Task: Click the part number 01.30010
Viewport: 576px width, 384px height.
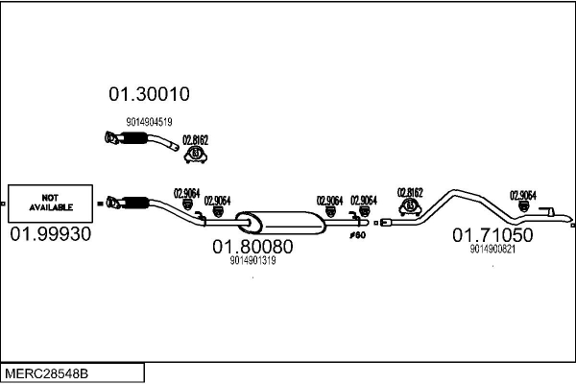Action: click(149, 94)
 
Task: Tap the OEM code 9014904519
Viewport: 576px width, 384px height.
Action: click(149, 122)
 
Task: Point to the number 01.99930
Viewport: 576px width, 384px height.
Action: click(50, 234)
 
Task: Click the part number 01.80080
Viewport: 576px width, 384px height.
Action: click(252, 246)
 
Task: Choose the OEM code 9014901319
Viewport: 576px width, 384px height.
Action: click(252, 260)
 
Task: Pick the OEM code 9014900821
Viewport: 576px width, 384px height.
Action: click(492, 250)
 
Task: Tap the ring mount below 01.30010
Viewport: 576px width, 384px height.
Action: click(197, 153)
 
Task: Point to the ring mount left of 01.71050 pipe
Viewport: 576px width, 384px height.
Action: click(412, 205)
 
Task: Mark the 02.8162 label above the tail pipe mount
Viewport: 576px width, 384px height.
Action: click(411, 191)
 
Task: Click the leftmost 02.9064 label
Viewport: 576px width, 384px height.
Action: click(186, 192)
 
